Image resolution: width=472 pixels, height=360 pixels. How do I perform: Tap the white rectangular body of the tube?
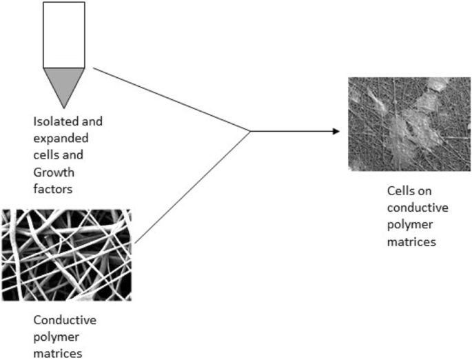[x=64, y=34]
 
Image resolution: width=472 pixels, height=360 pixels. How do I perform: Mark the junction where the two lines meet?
[x=249, y=131]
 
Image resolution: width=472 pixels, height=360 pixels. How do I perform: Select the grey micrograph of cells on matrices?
[x=399, y=123]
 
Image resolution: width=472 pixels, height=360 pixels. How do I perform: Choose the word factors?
[x=52, y=187]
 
